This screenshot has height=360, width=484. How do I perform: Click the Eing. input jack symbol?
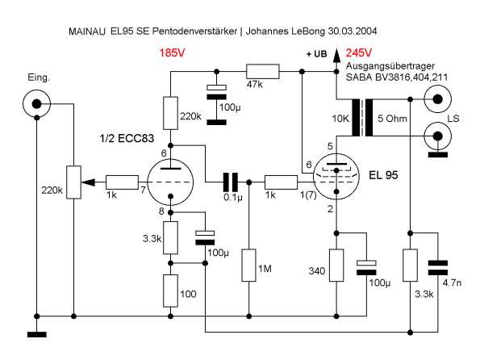tap(36, 103)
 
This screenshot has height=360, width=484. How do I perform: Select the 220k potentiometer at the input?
tap(73, 182)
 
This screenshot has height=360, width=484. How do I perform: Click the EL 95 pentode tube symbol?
tap(336, 178)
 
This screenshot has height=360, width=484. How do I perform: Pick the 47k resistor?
tap(261, 72)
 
